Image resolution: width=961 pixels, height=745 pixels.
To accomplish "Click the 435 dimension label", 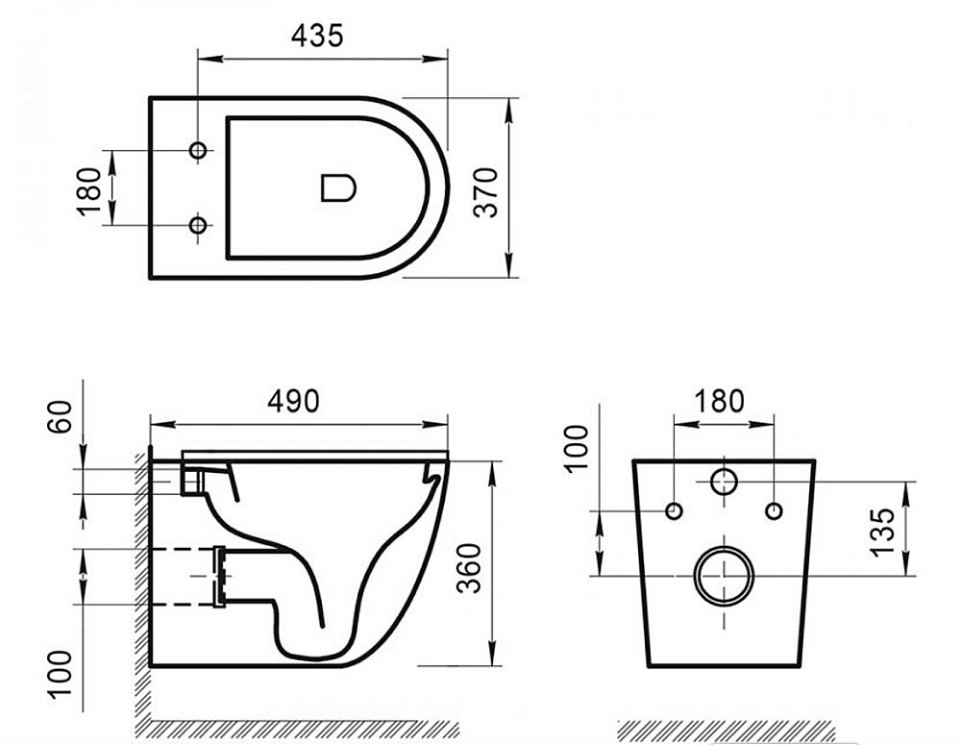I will click(317, 36).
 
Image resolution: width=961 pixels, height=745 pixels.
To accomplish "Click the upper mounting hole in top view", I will click(198, 151).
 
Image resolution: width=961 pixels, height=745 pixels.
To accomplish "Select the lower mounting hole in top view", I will click(198, 225).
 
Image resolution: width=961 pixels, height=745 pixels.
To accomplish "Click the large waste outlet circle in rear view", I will click(724, 576).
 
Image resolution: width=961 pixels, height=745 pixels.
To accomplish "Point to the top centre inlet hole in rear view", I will click(724, 481).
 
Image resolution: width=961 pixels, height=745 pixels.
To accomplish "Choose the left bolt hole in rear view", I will click(674, 509).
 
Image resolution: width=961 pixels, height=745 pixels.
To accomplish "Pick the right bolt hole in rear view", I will click(774, 509).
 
